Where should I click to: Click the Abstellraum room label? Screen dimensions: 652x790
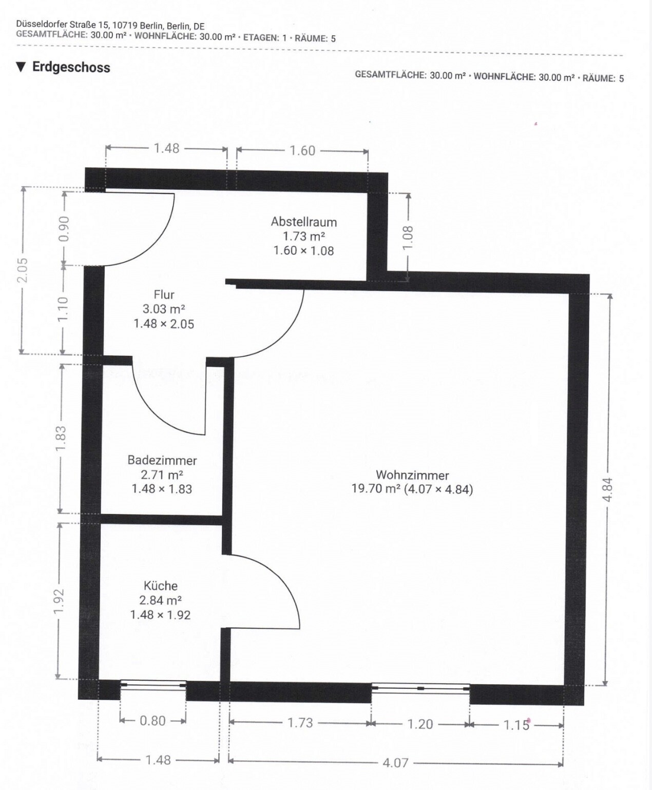[303, 222]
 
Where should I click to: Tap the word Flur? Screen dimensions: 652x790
[164, 294]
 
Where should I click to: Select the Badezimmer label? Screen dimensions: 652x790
[162, 461]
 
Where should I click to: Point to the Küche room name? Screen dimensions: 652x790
[161, 586]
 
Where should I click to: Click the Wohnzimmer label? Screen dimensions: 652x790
[412, 475]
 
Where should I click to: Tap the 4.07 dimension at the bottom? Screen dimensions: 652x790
[396, 762]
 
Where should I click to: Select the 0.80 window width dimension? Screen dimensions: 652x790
[152, 721]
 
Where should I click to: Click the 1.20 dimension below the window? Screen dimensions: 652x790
[420, 724]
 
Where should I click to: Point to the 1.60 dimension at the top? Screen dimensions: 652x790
[302, 151]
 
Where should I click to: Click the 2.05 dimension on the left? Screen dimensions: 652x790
[23, 270]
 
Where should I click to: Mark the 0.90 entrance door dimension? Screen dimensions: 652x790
[65, 229]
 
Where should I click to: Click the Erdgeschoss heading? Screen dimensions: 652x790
[71, 67]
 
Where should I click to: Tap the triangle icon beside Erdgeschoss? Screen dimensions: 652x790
[21, 67]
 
